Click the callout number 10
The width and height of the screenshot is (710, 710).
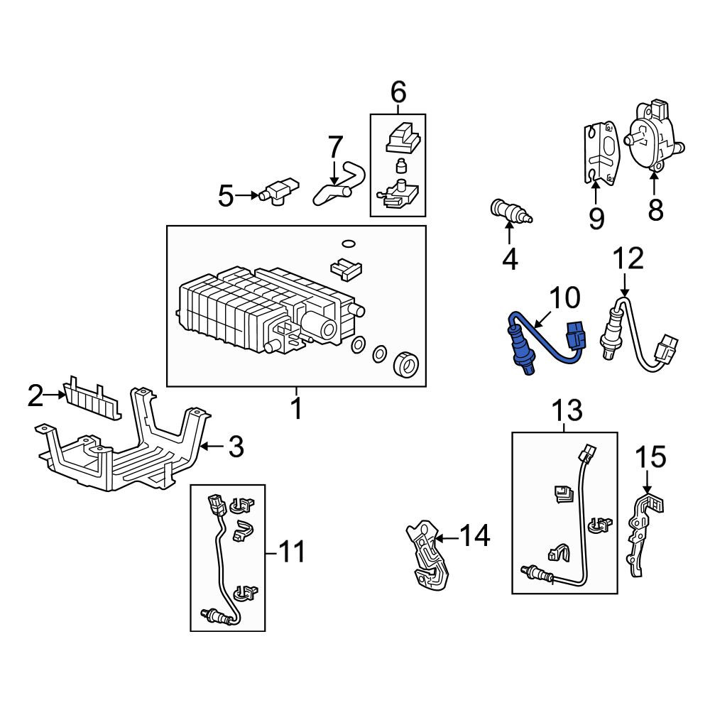(564, 297)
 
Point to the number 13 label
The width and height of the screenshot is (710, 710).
(567, 410)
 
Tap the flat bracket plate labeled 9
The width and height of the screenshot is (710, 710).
(601, 153)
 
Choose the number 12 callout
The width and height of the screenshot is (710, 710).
(628, 258)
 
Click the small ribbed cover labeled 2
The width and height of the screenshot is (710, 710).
(92, 398)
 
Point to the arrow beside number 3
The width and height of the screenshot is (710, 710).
(212, 446)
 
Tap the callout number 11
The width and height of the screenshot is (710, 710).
(290, 552)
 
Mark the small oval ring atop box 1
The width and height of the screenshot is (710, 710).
(348, 244)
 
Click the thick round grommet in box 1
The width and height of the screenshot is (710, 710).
(406, 364)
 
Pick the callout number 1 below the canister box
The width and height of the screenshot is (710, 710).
(296, 408)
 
